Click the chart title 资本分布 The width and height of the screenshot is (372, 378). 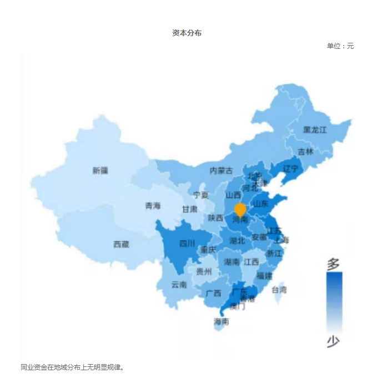click(187, 33)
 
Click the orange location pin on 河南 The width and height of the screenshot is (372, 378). click(240, 210)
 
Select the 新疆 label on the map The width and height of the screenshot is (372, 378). click(100, 171)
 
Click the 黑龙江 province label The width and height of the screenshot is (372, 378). click(315, 130)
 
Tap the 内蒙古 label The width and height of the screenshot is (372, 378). click(221, 170)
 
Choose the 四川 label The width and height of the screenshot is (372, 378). click(187, 243)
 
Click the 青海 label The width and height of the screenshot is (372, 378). click(153, 206)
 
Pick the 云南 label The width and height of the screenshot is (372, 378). click(179, 285)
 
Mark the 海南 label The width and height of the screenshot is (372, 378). click(221, 321)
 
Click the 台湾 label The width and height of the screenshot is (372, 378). click(279, 290)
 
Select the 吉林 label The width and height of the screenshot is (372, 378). click(305, 151)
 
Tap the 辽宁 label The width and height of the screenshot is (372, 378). click(290, 168)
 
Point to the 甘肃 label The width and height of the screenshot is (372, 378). click(189, 210)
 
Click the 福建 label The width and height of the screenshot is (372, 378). click(265, 276)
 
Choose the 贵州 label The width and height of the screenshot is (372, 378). click(204, 272)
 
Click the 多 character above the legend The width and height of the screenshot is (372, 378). click(333, 263)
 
